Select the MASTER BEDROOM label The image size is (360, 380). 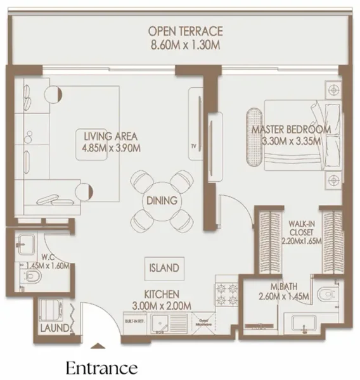[291, 130]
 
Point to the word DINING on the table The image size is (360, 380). [161, 201]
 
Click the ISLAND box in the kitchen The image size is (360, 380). [164, 267]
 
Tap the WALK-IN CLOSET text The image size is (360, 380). [302, 227]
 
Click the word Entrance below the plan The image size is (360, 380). [101, 367]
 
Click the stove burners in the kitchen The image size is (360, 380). [226, 294]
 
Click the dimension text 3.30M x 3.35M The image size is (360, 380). [291, 141]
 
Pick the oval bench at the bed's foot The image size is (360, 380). [252, 137]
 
